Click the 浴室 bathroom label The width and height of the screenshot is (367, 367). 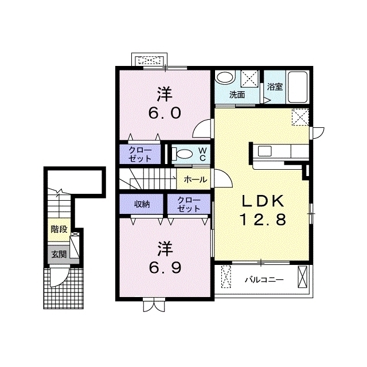tap(275, 87)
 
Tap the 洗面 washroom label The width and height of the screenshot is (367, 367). tap(237, 95)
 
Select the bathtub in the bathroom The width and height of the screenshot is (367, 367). tap(297, 87)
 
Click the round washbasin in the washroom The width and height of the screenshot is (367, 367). tap(224, 77)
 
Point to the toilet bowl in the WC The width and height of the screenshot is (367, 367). tap(183, 154)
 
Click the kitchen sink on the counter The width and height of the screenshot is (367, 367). tap(264, 151)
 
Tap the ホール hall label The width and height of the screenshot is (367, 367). tap(196, 179)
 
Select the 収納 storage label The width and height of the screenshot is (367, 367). tap(142, 204)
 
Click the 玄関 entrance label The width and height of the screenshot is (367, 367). tap(59, 254)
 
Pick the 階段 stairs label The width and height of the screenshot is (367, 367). tap(59, 229)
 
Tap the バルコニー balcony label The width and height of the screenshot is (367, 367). tap(264, 280)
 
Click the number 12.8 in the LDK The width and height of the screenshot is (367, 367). tap(263, 220)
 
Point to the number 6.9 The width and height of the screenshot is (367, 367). tap(165, 268)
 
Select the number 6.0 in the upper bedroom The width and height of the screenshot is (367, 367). tap(165, 113)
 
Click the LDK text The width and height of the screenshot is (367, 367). tap(263, 201)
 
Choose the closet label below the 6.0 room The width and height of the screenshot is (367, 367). tap(140, 154)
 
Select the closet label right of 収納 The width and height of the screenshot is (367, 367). tap(189, 204)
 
